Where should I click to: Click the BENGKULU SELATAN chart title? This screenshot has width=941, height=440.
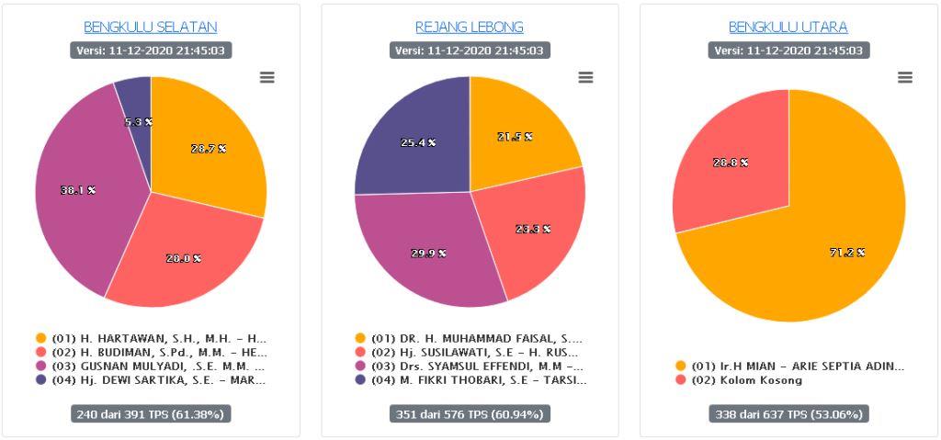[151, 28]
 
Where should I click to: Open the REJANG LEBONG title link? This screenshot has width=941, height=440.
[470, 28]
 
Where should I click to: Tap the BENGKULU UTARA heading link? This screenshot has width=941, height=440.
[788, 28]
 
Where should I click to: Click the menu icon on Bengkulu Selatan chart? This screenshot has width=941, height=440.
[267, 78]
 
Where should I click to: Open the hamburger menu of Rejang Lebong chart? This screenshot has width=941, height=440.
[585, 78]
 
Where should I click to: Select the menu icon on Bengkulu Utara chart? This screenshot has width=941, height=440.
[905, 78]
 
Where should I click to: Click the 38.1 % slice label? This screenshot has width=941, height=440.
[78, 190]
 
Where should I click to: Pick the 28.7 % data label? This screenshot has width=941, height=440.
[209, 149]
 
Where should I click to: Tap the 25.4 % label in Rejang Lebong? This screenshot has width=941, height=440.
[418, 142]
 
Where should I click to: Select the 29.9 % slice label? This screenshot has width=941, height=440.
[428, 253]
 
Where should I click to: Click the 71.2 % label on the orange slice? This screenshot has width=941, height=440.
[847, 253]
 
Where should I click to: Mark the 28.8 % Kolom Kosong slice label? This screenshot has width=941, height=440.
[731, 163]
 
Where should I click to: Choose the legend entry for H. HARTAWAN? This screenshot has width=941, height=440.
[152, 338]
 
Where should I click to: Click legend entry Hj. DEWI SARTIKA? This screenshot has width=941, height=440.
[152, 380]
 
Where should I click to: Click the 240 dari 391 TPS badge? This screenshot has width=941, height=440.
[151, 414]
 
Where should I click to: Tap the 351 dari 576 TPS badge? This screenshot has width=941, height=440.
[470, 414]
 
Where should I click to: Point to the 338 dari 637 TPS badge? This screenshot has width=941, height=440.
[788, 414]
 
